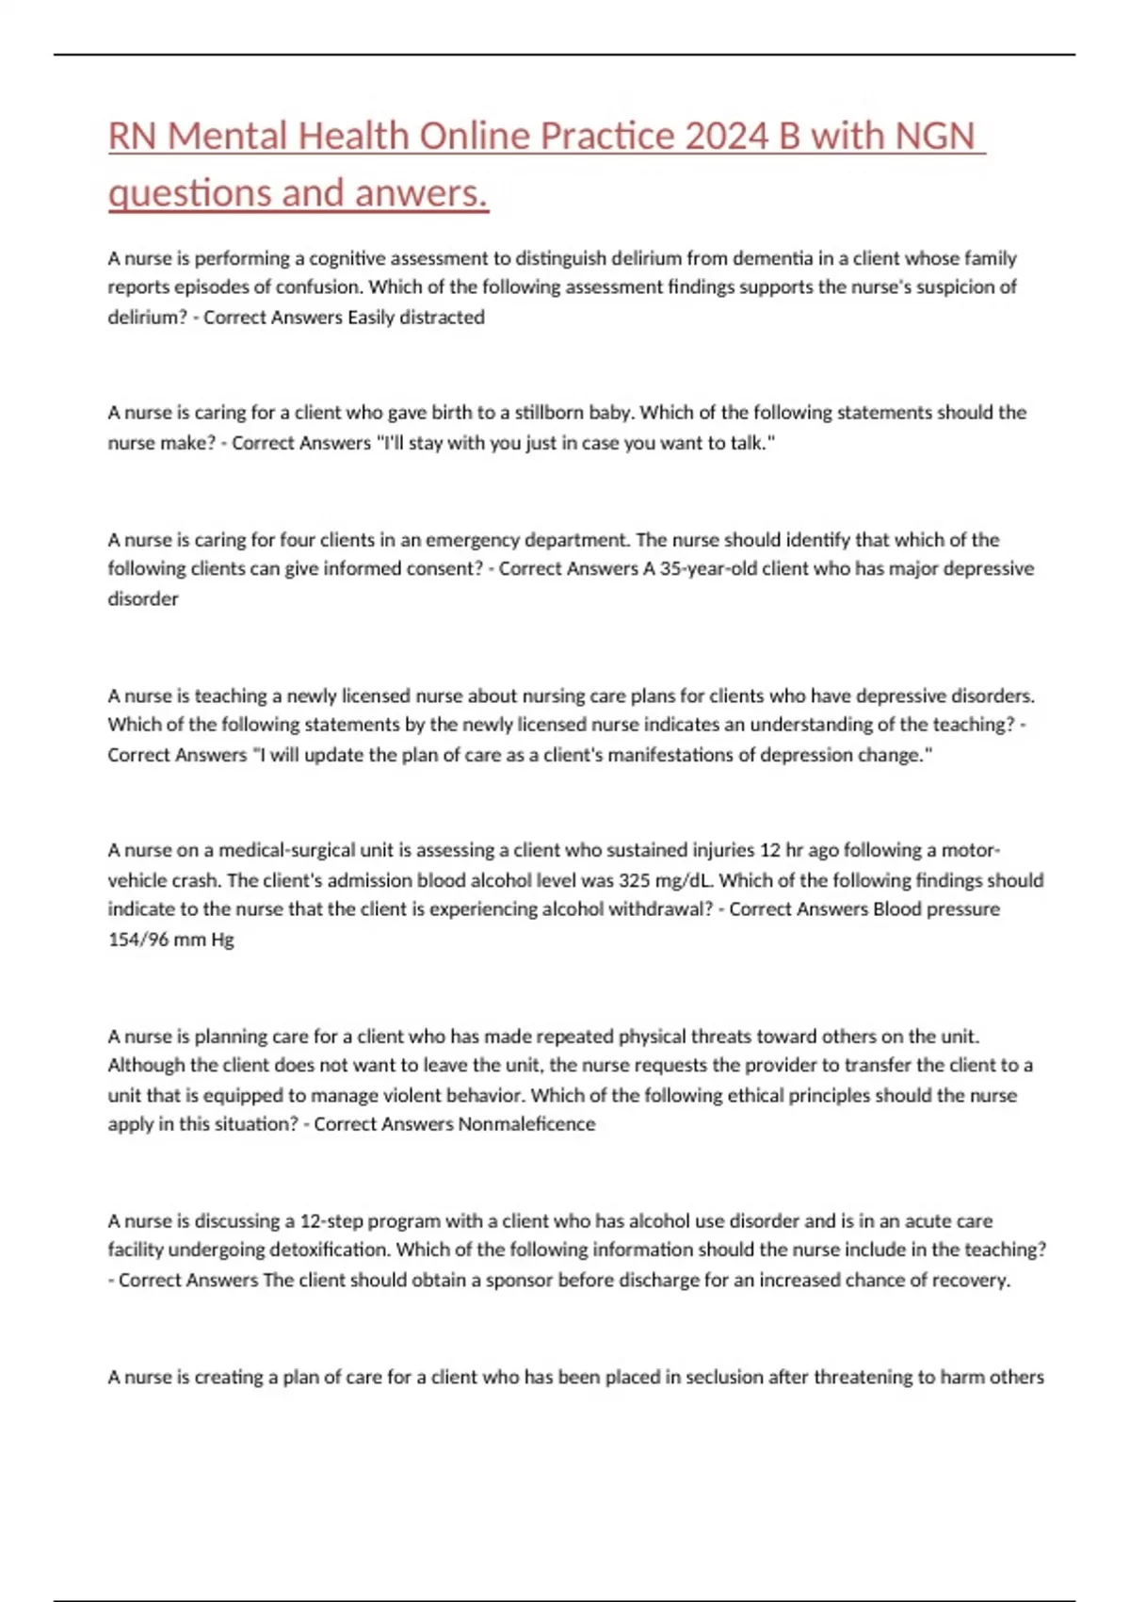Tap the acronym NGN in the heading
(934, 136)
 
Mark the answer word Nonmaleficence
(526, 1124)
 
